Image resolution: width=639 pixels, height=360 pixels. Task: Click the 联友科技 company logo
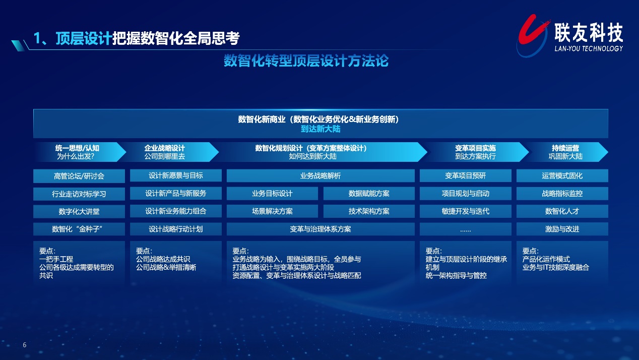click(x=569, y=36)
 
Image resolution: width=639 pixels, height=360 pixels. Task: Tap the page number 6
click(x=25, y=345)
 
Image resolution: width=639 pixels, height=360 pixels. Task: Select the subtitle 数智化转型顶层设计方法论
click(x=306, y=61)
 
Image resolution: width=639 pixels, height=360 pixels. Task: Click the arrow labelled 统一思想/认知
click(x=80, y=152)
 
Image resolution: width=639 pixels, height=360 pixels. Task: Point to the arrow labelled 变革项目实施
click(x=475, y=152)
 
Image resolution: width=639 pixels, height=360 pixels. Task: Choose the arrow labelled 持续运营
click(x=566, y=152)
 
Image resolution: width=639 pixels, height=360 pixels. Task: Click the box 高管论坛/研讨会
click(x=79, y=176)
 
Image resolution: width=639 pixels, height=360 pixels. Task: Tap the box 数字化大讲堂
click(x=79, y=211)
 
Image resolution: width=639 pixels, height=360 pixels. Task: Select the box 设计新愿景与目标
click(x=176, y=175)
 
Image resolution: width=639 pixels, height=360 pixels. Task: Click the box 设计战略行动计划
click(x=176, y=229)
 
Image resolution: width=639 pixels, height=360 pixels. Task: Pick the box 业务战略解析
click(x=321, y=175)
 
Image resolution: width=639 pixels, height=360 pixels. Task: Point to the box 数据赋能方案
click(x=369, y=194)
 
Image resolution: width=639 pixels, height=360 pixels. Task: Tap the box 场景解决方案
click(x=272, y=211)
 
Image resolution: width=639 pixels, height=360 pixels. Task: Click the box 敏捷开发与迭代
click(x=465, y=211)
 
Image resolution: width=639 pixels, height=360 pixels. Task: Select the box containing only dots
click(x=465, y=229)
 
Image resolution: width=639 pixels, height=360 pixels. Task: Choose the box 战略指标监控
click(x=562, y=194)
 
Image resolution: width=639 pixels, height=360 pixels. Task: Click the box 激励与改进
click(x=562, y=229)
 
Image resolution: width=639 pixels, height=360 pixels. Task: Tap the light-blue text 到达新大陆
click(x=321, y=129)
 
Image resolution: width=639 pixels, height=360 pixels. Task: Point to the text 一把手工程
click(x=56, y=259)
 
